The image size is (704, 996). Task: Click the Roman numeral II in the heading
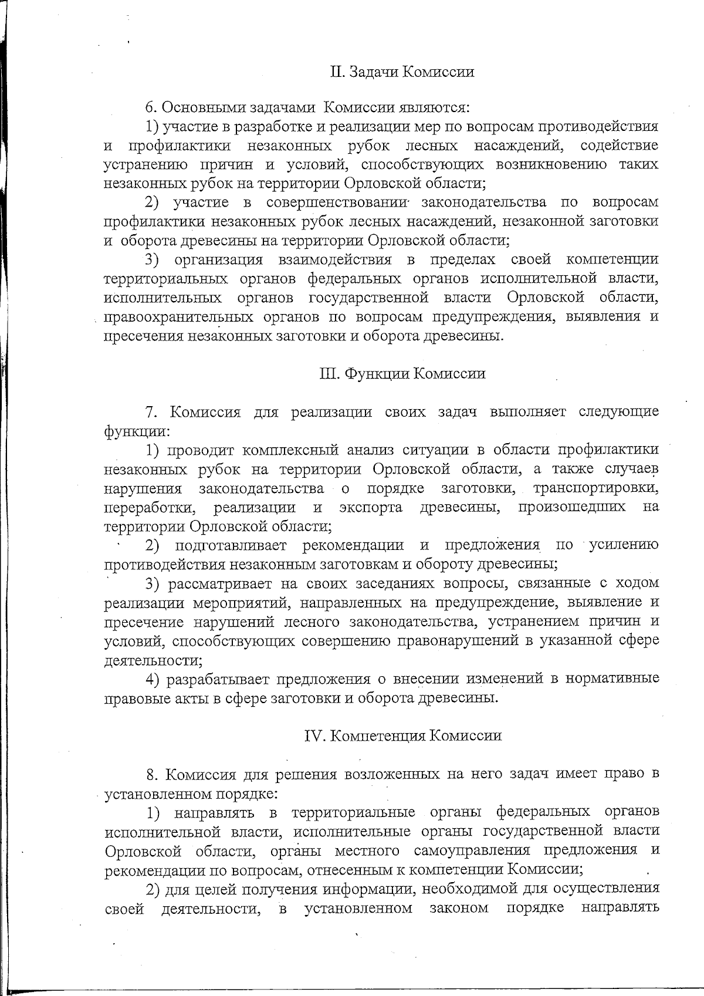336,72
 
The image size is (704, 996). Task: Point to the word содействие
618,145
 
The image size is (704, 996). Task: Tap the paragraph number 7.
149,411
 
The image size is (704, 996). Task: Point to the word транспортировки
595,488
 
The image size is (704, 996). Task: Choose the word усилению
623,545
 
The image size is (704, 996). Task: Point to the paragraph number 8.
150,774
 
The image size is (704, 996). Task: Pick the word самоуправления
469,850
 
